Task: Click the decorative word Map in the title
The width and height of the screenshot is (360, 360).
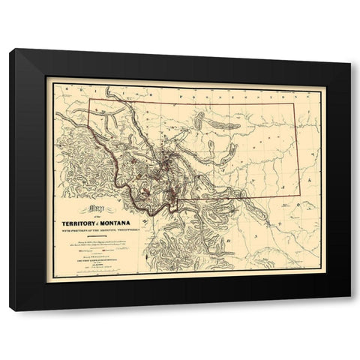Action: coord(97,209)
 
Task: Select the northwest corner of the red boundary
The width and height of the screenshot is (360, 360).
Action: coord(90,100)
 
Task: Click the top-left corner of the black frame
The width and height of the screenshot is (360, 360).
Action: coord(10,50)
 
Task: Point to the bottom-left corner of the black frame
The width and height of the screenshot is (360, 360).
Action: coord(10,310)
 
